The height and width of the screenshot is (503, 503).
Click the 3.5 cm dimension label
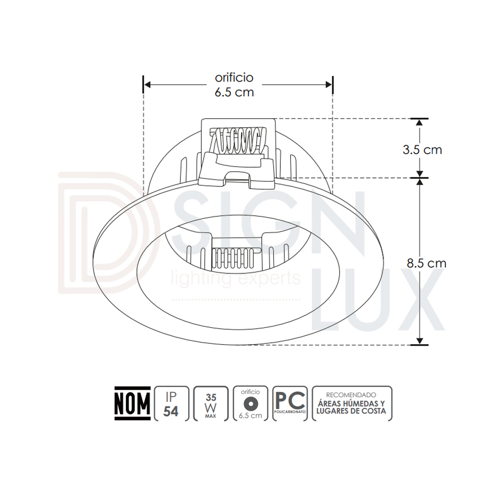click(x=422, y=150)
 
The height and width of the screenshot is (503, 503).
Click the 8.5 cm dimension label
click(x=426, y=263)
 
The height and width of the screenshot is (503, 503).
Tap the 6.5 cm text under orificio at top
click(x=234, y=92)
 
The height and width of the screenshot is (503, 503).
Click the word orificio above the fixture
click(x=234, y=77)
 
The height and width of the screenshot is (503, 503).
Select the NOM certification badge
click(x=132, y=403)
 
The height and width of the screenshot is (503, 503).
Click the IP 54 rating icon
click(x=171, y=403)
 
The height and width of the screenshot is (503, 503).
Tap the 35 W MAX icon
click(x=211, y=403)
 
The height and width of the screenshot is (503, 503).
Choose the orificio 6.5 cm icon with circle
click(x=250, y=403)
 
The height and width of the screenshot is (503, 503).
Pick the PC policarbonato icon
click(x=290, y=403)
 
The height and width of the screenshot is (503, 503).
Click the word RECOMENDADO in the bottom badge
click(x=351, y=395)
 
